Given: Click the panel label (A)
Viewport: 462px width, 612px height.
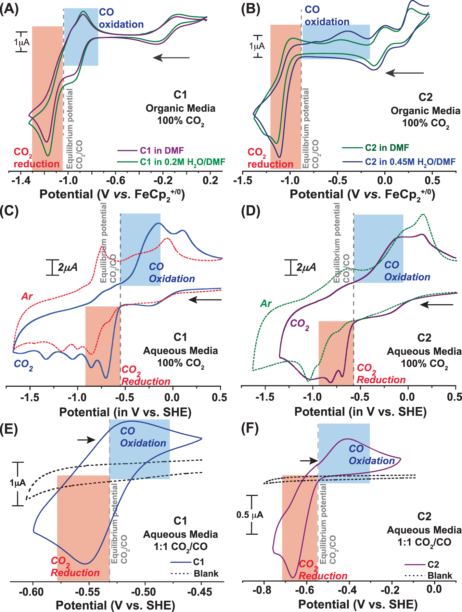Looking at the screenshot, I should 9,9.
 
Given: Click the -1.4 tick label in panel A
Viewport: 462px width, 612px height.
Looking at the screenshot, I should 21,180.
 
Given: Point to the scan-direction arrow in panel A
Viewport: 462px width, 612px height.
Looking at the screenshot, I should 171,58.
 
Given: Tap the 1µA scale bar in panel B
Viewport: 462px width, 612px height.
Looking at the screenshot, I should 257,46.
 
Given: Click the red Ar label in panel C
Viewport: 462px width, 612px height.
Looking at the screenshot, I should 27,296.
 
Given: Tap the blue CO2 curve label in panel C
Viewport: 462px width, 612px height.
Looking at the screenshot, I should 23,364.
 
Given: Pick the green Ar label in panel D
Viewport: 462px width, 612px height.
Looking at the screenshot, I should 266,304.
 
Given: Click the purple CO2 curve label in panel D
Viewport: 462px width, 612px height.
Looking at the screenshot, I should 299,324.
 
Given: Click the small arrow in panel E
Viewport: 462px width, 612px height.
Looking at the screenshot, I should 86,440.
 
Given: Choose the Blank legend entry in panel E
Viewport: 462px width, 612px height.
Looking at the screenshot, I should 206,573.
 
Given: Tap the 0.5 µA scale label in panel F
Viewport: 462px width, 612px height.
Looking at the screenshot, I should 250,515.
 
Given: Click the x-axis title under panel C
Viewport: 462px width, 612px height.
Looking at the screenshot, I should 125,412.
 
